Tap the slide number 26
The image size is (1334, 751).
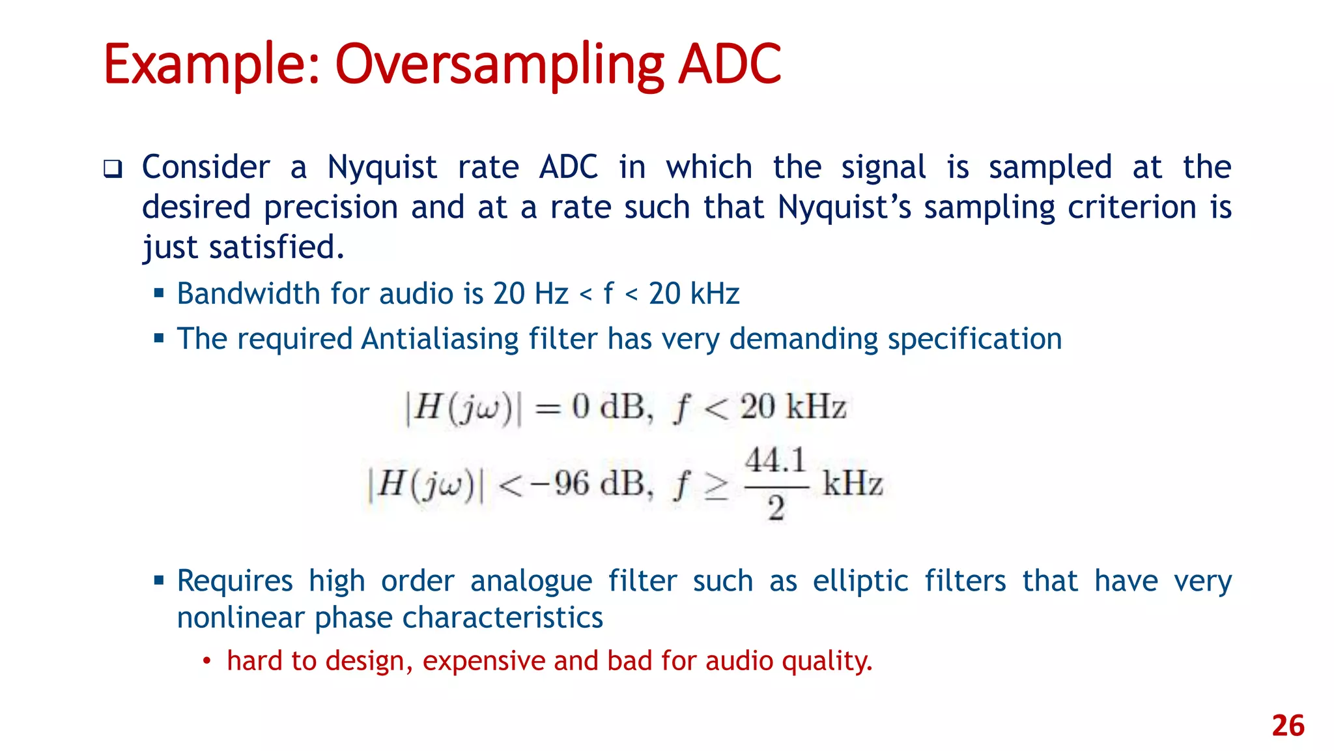pyautogui.click(x=1288, y=726)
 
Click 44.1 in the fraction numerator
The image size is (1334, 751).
pyautogui.click(x=776, y=461)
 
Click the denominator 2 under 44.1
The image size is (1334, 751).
pyautogui.click(x=776, y=508)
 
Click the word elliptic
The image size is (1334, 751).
pyautogui.click(x=860, y=581)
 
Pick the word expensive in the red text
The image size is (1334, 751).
pyautogui.click(x=483, y=661)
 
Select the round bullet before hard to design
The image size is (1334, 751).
pyautogui.click(x=206, y=662)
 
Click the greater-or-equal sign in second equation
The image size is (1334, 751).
pyautogui.click(x=717, y=486)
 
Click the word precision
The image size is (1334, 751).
pyautogui.click(x=330, y=207)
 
